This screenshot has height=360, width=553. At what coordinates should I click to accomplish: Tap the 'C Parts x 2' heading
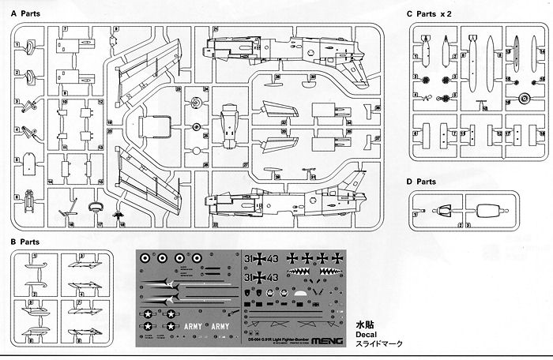click(432, 14)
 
